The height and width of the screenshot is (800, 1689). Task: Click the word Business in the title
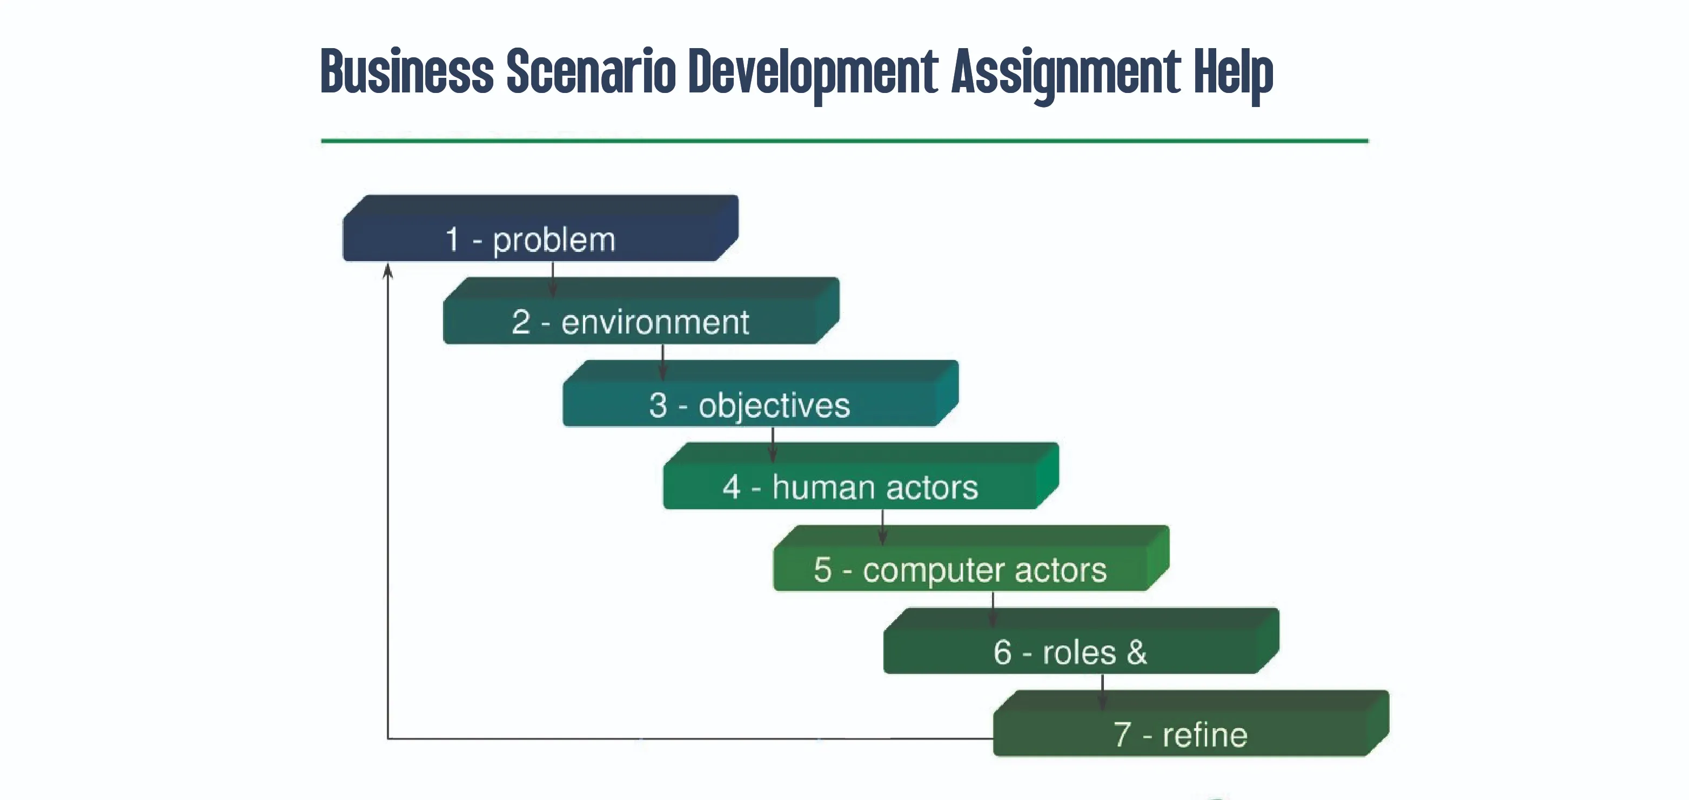pyautogui.click(x=406, y=70)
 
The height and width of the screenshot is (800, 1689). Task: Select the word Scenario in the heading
pyautogui.click(x=591, y=70)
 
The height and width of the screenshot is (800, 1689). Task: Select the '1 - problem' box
pyautogui.click(x=540, y=228)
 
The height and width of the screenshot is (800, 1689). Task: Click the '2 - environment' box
pyautogui.click(x=641, y=311)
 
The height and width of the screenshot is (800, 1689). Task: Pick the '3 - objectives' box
pyautogui.click(x=761, y=394)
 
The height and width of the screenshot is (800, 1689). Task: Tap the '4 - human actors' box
pyautogui.click(x=861, y=476)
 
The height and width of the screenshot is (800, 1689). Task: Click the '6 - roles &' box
pyautogui.click(x=1081, y=641)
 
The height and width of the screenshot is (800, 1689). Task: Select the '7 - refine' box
pyautogui.click(x=1191, y=723)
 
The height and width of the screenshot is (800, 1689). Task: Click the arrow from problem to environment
pyautogui.click(x=553, y=279)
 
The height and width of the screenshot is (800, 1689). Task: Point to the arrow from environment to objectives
pyautogui.click(x=663, y=362)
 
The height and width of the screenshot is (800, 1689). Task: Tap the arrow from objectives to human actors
pyautogui.click(x=773, y=444)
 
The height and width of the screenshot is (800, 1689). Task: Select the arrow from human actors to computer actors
pyautogui.click(x=882, y=527)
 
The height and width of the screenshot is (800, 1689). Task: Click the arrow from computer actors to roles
pyautogui.click(x=993, y=610)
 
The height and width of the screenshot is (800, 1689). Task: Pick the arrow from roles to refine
pyautogui.click(x=1103, y=692)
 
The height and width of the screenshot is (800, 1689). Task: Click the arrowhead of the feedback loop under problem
pyautogui.click(x=388, y=271)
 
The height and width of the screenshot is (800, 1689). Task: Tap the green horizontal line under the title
pyautogui.click(x=844, y=141)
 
